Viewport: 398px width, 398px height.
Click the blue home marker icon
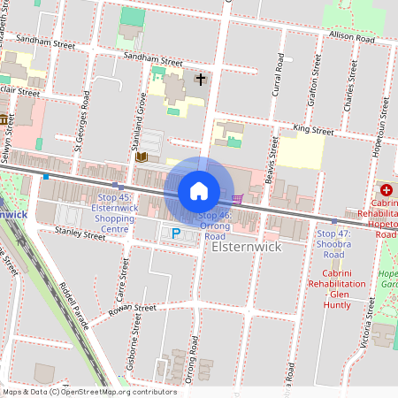199,190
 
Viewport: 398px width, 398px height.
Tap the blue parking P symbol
176,233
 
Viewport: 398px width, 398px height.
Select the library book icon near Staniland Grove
142,157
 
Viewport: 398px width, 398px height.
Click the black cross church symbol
201,80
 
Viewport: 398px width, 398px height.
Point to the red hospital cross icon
387,190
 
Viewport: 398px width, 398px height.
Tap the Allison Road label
352,38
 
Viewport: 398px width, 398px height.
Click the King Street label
313,131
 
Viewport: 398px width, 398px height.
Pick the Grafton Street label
312,87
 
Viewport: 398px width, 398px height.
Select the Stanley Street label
80,234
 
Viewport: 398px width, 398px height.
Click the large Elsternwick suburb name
247,247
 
